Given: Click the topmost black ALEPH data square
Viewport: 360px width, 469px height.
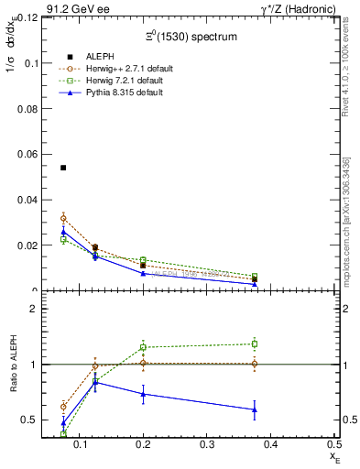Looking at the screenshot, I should (63, 168).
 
